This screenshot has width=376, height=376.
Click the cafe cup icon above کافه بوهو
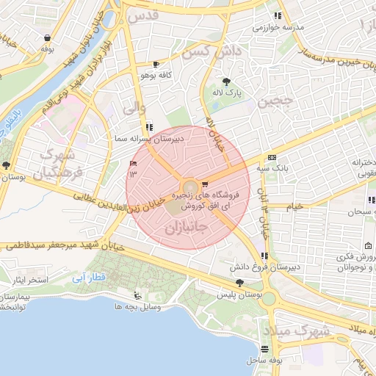[155, 64]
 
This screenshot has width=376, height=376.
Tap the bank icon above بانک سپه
[272, 157]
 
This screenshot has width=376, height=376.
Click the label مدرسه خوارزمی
[278, 27]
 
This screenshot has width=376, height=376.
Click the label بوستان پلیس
[235, 294]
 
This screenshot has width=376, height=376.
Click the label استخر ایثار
[26, 281]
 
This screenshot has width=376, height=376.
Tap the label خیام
[294, 206]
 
